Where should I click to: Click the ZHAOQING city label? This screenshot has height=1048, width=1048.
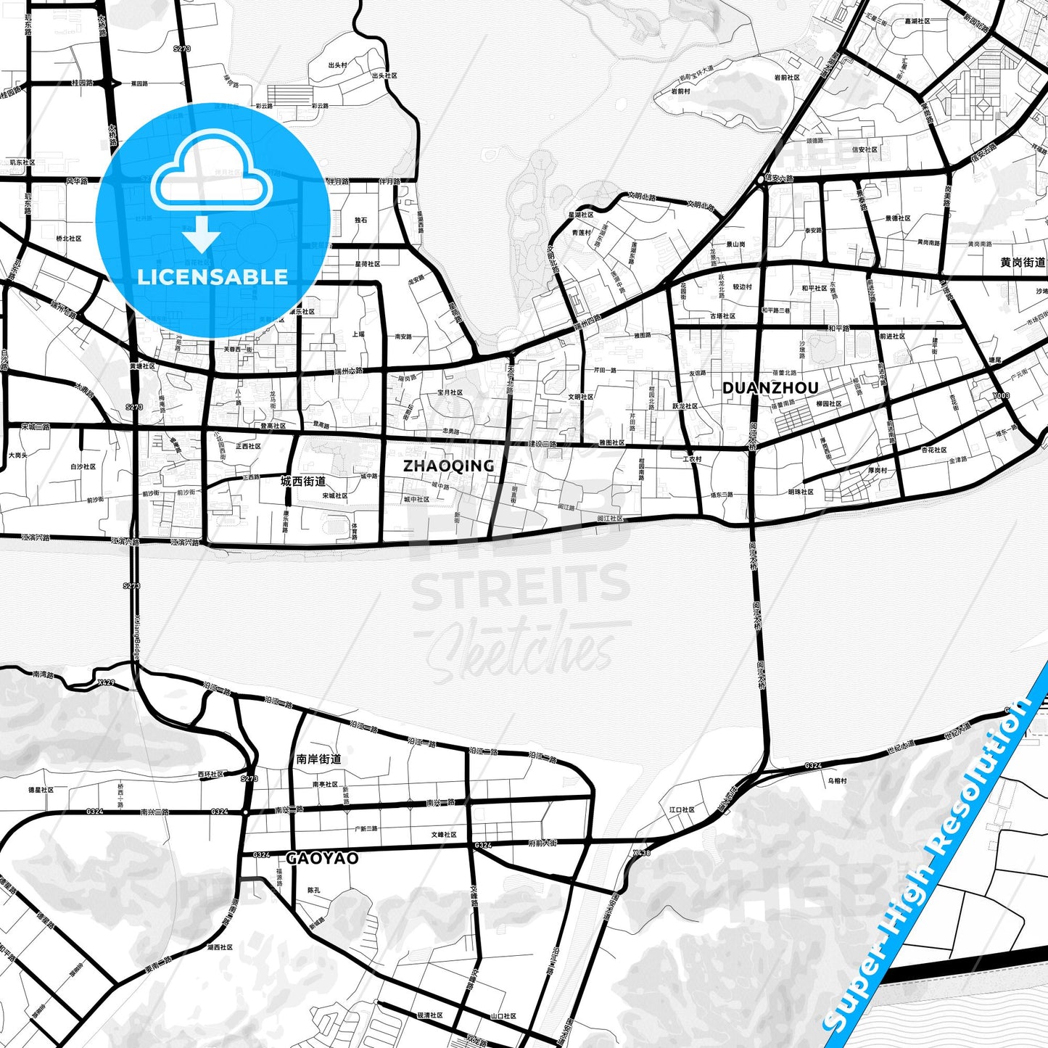pyautogui.click(x=448, y=466)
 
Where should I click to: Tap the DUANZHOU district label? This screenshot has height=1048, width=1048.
pyautogui.click(x=770, y=388)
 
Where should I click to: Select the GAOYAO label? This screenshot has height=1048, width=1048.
pyautogui.click(x=322, y=858)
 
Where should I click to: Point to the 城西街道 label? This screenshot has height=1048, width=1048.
pyautogui.click(x=303, y=481)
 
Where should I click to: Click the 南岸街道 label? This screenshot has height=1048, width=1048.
pyautogui.click(x=318, y=759)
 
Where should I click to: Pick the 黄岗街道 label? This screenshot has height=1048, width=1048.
pyautogui.click(x=1023, y=262)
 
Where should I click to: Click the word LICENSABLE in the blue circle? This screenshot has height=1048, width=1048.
pyautogui.click(x=213, y=276)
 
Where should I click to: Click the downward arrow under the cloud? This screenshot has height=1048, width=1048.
pyautogui.click(x=201, y=236)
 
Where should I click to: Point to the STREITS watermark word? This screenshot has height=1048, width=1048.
pyautogui.click(x=521, y=587)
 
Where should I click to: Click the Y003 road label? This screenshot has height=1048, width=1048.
pyautogui.click(x=1001, y=396)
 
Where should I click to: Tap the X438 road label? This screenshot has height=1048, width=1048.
pyautogui.click(x=641, y=853)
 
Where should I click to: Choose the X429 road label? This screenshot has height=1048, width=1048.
pyautogui.click(x=106, y=682)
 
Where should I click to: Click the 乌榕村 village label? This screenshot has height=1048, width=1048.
pyautogui.click(x=837, y=780)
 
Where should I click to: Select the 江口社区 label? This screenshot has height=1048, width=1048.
pyautogui.click(x=682, y=809)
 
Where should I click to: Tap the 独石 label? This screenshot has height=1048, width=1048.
pyautogui.click(x=360, y=220)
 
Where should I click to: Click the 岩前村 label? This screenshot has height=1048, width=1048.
pyautogui.click(x=680, y=91)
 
